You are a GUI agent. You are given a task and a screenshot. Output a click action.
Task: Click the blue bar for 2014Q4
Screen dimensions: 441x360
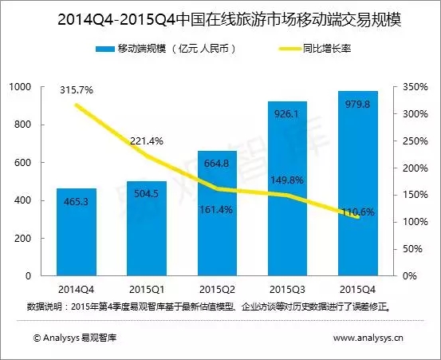[x=77, y=232]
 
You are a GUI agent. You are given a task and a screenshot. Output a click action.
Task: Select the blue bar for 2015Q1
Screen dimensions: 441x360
[x=147, y=228]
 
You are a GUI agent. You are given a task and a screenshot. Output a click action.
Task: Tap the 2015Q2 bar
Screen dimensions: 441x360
[x=217, y=213]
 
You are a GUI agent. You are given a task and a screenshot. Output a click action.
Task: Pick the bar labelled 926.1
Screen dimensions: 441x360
[x=287, y=188]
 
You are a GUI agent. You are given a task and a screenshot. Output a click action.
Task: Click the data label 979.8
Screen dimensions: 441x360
[x=358, y=105]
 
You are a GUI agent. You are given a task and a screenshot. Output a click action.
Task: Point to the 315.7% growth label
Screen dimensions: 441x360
[x=77, y=90]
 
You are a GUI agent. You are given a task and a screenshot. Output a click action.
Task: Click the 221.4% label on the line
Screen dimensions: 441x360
[x=147, y=140]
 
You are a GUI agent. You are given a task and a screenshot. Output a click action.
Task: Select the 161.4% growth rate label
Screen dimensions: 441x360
[x=216, y=210]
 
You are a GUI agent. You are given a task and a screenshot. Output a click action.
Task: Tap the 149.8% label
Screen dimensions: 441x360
[x=287, y=180]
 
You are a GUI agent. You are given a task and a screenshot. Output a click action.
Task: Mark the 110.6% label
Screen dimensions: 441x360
[x=358, y=212]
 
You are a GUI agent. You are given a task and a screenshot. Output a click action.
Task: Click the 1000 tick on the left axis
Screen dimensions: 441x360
[x=20, y=86]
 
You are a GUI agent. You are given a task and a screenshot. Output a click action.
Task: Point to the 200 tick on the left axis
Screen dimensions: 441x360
[x=22, y=238]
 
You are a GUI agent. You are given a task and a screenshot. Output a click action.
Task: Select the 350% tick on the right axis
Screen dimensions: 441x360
[x=415, y=87]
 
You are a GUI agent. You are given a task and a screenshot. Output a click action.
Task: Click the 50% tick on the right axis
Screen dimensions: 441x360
[x=412, y=249]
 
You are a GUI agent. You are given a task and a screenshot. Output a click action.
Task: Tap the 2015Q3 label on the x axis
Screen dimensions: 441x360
[x=287, y=290]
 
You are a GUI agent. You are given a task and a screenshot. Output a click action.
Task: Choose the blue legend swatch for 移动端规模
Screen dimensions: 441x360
[x=105, y=49]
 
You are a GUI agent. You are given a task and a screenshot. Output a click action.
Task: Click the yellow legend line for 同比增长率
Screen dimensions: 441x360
[x=289, y=49]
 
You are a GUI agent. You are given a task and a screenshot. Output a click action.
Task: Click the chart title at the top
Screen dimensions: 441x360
[x=229, y=20]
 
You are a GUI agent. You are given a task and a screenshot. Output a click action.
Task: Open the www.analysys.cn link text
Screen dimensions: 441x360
[x=368, y=338]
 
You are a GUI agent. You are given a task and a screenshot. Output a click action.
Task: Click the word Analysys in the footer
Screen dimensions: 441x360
[x=61, y=338]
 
